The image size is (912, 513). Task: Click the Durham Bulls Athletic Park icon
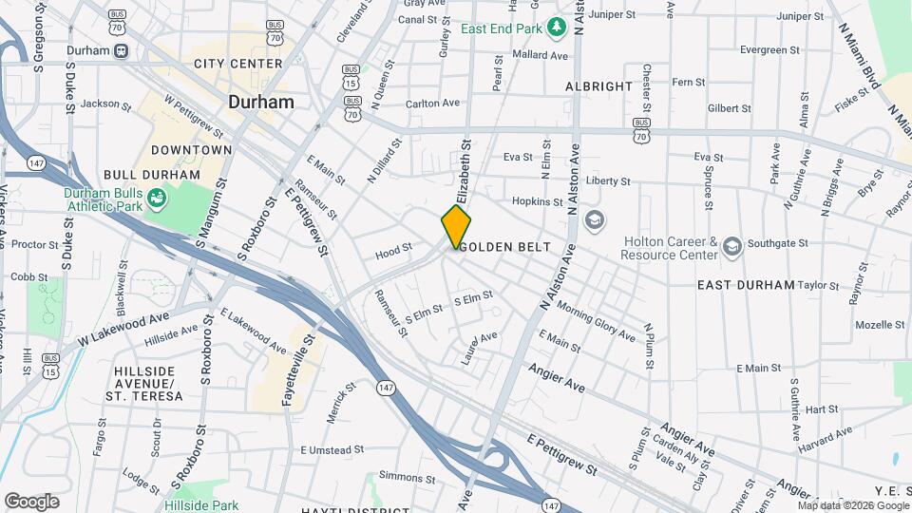tap(156, 199)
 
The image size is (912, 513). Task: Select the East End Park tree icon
tap(556, 28)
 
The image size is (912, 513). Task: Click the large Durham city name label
tap(260, 102)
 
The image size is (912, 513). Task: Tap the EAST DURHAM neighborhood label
tap(745, 285)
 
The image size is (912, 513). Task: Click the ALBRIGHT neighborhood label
tap(598, 85)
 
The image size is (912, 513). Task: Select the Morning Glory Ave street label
tap(596, 321)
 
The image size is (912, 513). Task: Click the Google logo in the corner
tap(31, 501)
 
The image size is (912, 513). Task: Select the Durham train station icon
tap(121, 50)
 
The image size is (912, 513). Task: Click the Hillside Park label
tap(200, 504)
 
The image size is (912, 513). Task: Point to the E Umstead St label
tap(332, 449)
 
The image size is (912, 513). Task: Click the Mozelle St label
tap(879, 324)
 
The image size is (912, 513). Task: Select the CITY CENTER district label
tap(237, 64)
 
